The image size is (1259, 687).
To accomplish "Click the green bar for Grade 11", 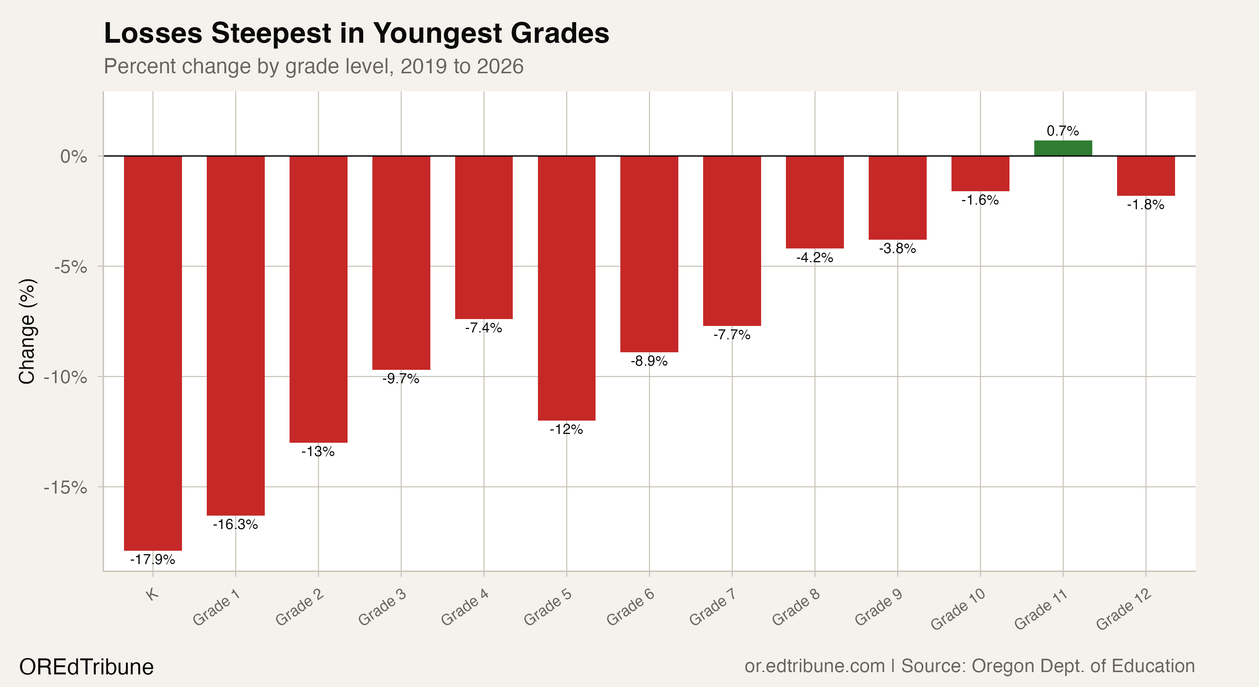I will click(1063, 148).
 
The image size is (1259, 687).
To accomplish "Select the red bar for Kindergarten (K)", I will click(153, 352).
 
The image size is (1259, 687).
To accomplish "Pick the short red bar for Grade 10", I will click(980, 174).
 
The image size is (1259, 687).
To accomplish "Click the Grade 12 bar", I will click(1146, 176).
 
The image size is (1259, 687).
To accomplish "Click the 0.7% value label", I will click(1063, 131).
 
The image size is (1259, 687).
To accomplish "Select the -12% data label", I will click(567, 429).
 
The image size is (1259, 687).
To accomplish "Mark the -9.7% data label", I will click(401, 379).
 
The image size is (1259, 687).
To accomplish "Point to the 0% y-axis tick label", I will click(73, 157).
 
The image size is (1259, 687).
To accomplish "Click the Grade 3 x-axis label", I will click(383, 610).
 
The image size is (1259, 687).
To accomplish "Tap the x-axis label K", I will click(153, 595).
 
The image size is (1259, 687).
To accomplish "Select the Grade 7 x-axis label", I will click(713, 610).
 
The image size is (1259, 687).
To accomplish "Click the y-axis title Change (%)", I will click(27, 332).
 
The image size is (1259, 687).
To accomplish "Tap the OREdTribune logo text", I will click(87, 667).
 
